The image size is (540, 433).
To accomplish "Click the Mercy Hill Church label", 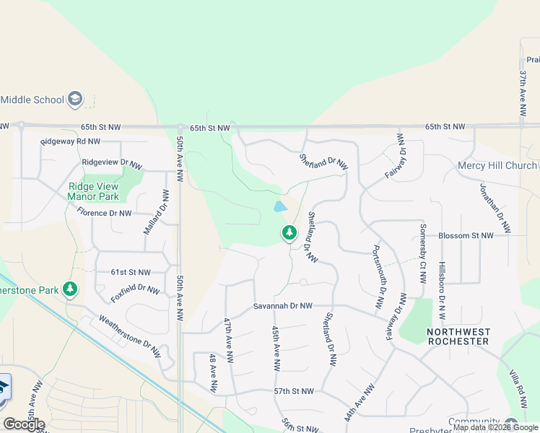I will pos(497,165).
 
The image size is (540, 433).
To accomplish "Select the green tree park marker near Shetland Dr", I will pos(289,233).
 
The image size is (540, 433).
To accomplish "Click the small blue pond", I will pos(279,207).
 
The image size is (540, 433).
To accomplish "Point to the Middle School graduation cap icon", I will pos(76,99).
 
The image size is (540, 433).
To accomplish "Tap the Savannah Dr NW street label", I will pos(282,306).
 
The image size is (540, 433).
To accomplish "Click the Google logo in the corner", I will pos(24,424).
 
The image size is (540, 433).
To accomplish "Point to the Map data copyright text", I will pos(495,427).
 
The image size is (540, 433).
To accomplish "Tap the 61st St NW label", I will pos(130,272).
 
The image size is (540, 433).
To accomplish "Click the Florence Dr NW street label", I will pos(105,213).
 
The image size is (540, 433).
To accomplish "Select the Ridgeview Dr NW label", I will pos(112,163).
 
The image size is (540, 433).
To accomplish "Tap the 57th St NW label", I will pos(294,391).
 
